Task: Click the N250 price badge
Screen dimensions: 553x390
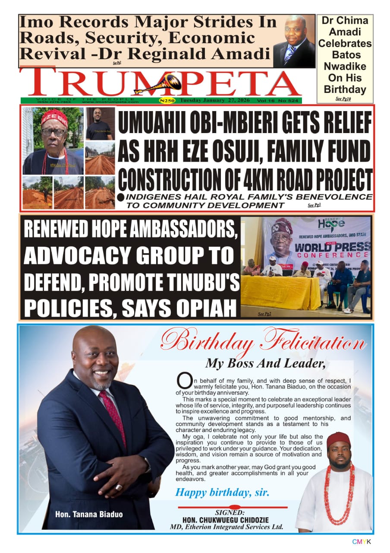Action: [x=167, y=101]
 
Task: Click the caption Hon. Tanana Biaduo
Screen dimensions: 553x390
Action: [x=88, y=514]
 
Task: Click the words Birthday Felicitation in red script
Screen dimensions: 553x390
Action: [x=263, y=341]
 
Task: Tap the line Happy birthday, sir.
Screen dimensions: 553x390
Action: [x=222, y=492]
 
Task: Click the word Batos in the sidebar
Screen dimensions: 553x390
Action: [x=345, y=55]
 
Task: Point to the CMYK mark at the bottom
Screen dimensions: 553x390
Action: [x=361, y=542]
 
